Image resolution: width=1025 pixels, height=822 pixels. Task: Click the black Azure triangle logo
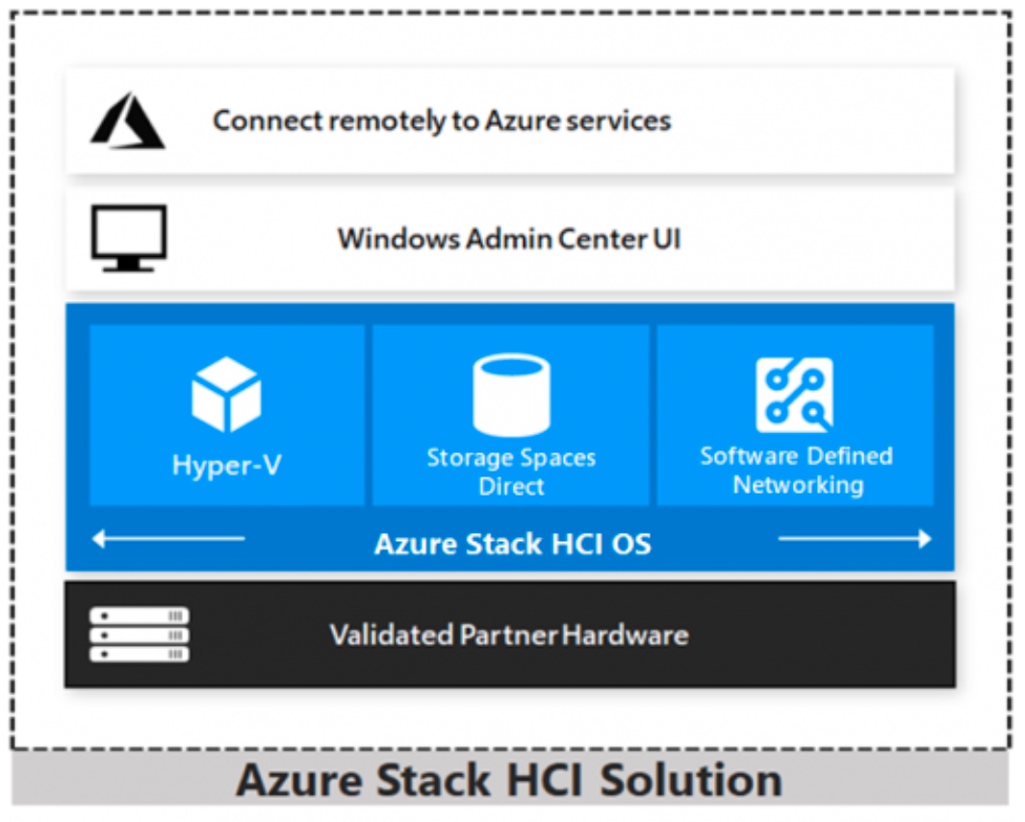pos(128,120)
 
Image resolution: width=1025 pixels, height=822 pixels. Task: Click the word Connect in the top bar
pos(268,120)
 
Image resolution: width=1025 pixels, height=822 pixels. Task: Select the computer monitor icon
pos(129,238)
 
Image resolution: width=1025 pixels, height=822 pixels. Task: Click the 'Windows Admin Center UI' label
pos(509,239)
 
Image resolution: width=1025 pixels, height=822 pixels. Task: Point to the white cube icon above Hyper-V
pos(226,395)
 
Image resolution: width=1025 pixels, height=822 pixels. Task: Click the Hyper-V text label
pos(227,466)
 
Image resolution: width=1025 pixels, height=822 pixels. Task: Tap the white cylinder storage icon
pos(511,395)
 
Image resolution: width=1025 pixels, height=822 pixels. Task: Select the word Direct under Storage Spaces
pos(511,486)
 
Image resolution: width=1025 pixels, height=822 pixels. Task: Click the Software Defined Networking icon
pos(795,395)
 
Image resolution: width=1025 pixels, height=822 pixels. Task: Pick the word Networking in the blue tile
pos(798,485)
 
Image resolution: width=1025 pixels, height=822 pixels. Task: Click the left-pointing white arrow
pos(168,539)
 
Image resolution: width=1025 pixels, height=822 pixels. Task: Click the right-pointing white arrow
pos(855,539)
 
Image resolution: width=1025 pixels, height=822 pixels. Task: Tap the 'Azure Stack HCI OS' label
pos(512,544)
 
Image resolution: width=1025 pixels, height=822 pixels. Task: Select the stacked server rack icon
pos(140,634)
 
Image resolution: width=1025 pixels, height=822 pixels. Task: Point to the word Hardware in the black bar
pos(626,635)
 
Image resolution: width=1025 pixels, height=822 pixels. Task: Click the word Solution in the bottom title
pos(691,781)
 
